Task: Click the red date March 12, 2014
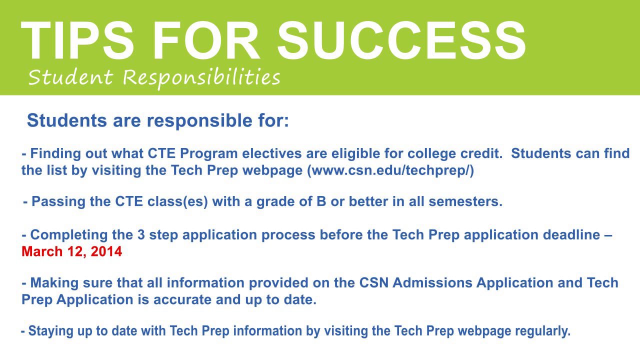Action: (x=71, y=251)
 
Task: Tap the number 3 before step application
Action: (x=141, y=235)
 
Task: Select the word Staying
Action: (x=48, y=331)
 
